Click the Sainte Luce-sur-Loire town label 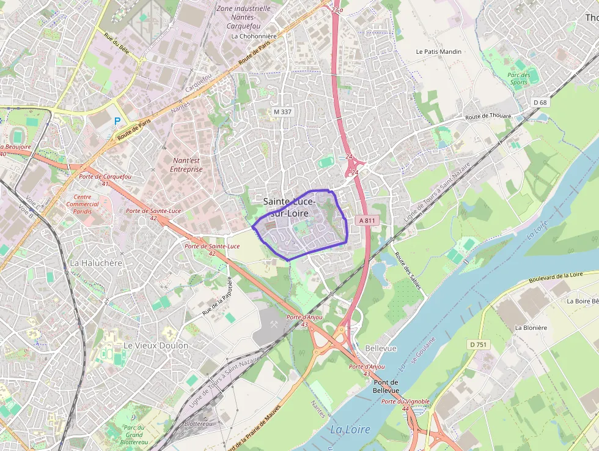coord(289,207)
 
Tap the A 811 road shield coord(367,220)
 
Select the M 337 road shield coord(282,111)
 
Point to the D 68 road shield coord(540,102)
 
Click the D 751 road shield coord(479,345)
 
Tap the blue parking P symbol coord(117,121)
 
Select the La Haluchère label coord(96,263)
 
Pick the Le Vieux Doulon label coord(156,345)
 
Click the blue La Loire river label coord(350,430)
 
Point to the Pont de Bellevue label coord(386,386)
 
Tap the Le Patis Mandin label coord(438,52)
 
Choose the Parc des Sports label coord(518,78)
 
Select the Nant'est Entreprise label coord(186,165)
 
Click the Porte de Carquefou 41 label coord(105,180)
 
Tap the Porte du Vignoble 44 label coord(405,404)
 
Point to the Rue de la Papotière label coord(218,297)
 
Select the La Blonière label coord(531,327)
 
